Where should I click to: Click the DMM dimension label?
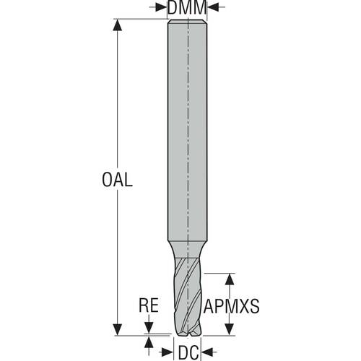coord(187,7)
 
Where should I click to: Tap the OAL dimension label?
coord(117,180)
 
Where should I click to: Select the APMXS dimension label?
coord(232,306)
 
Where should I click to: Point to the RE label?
coord(149,305)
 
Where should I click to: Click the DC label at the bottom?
coord(188,352)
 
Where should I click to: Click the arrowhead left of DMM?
coord(161,7)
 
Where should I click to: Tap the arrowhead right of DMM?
coord(213,7)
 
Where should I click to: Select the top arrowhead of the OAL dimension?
coord(117,25)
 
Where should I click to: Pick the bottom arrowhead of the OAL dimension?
coord(117,329)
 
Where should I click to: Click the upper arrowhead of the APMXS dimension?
coord(230,279)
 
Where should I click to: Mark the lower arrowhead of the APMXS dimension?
coord(230,329)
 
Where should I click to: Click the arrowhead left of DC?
coord(168,352)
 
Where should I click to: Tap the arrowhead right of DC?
coord(206,352)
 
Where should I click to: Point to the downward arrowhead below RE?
coord(149,328)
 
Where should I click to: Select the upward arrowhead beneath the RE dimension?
coord(149,342)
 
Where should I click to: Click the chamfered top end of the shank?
coord(187,22)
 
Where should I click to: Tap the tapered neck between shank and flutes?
coord(187,249)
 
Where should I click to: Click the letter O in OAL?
coord(108,180)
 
